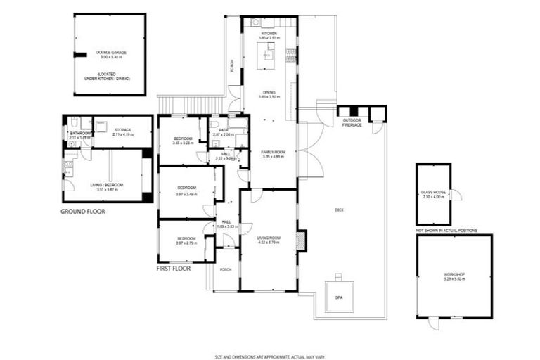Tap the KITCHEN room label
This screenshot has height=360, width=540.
(x=269, y=34)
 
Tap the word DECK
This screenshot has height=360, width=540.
(x=339, y=210)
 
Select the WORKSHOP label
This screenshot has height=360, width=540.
(x=454, y=274)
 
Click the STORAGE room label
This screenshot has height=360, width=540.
(x=124, y=129)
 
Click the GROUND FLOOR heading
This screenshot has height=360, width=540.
(x=83, y=211)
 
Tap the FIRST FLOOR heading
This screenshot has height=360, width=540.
(x=174, y=269)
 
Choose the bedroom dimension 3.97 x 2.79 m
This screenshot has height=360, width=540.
(x=186, y=243)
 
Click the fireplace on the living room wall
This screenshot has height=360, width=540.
(x=301, y=241)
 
